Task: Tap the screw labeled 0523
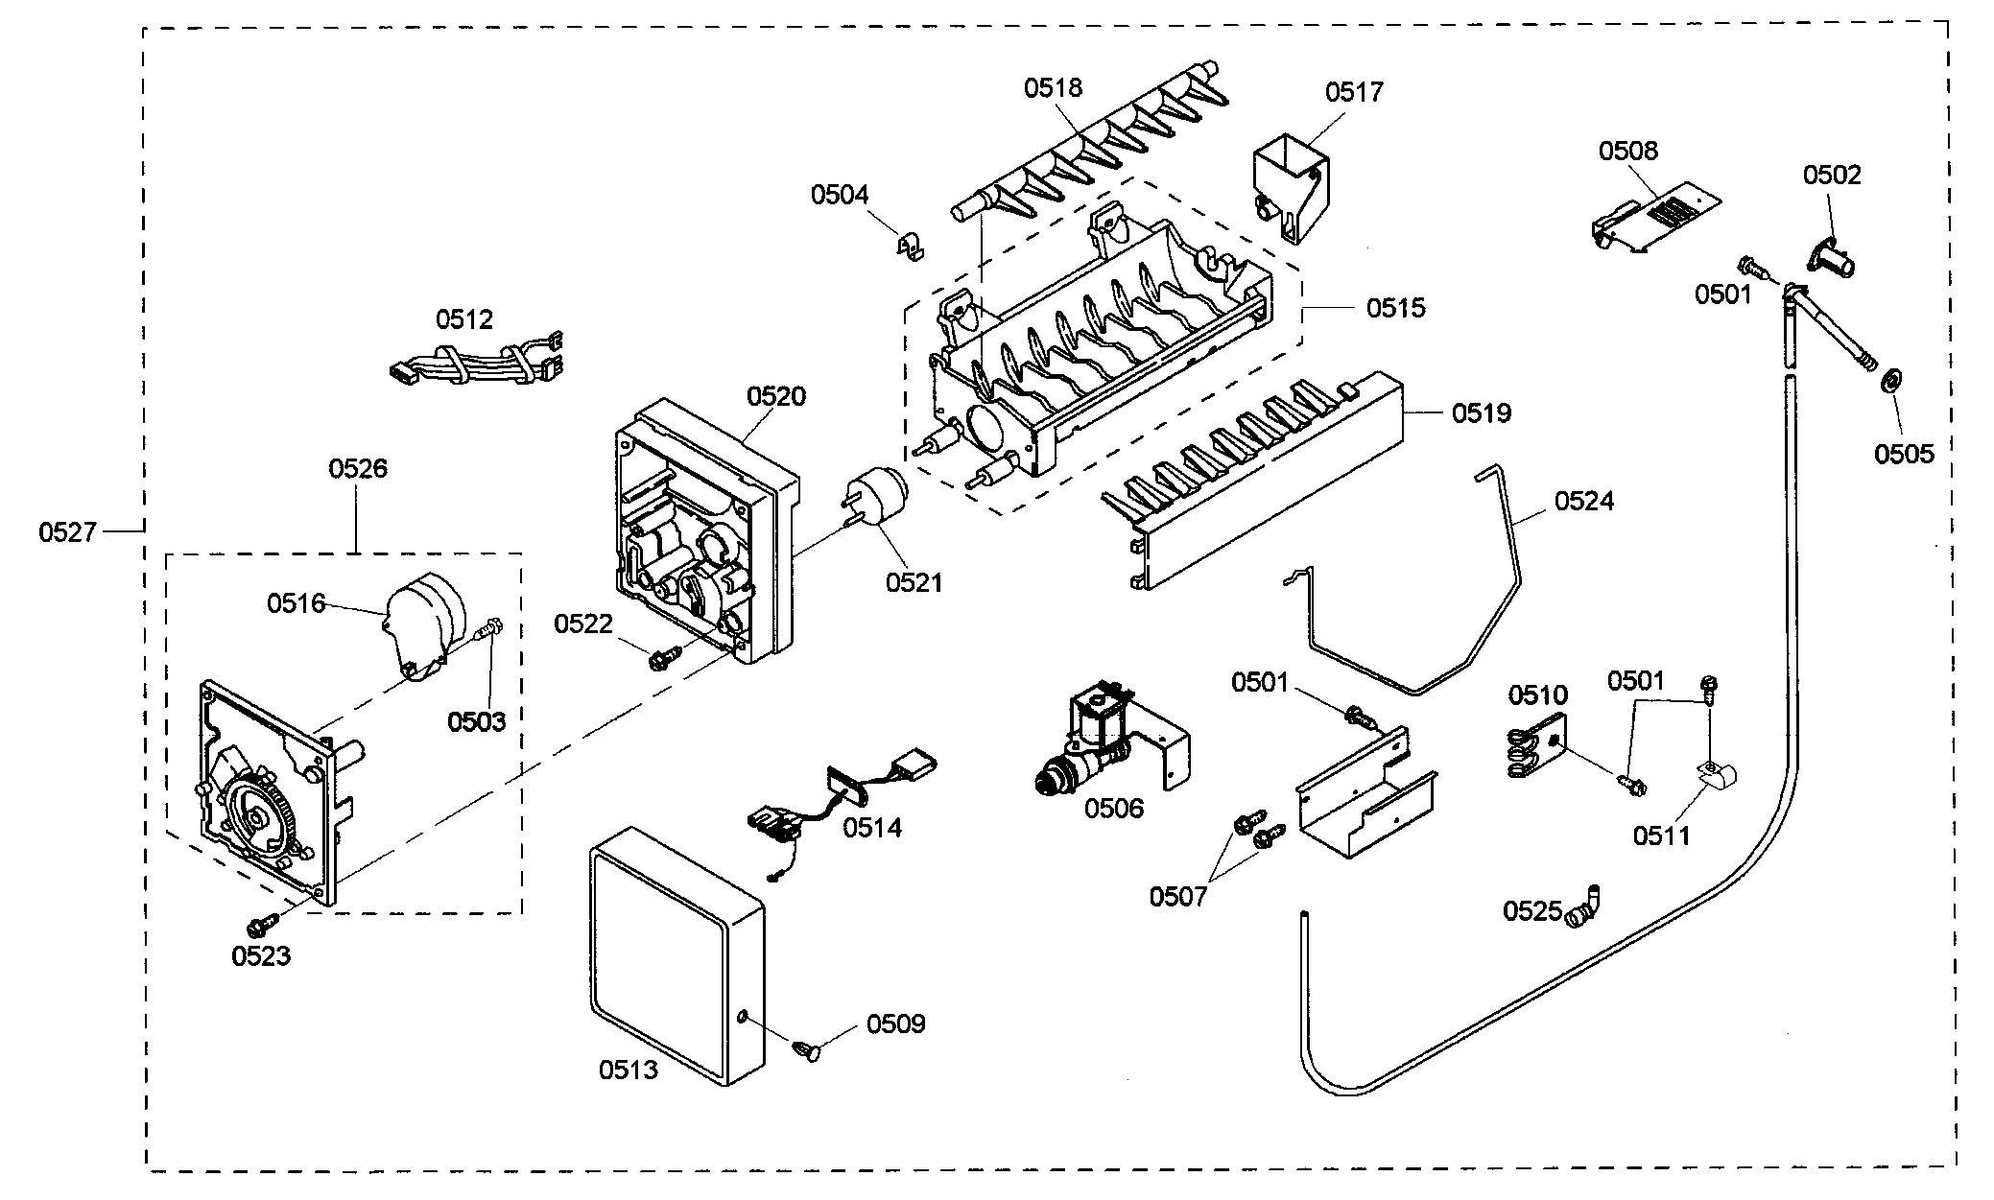coord(260,926)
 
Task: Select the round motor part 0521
coord(875,499)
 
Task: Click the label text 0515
coord(1395,308)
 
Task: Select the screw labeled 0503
coord(490,630)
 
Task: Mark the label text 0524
coord(1583,501)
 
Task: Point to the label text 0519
coord(1481,413)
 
